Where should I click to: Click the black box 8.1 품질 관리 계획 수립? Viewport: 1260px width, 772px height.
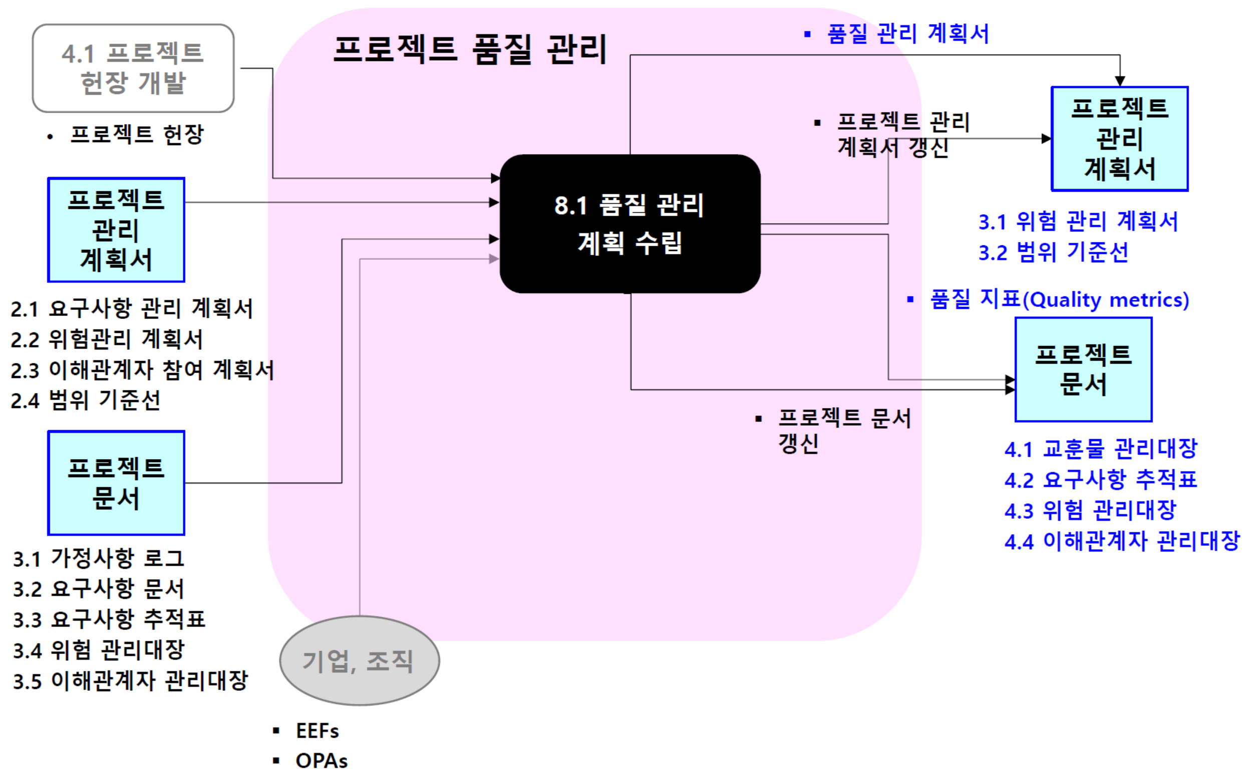(x=629, y=223)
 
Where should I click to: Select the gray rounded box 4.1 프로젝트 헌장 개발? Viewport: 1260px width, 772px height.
(x=133, y=68)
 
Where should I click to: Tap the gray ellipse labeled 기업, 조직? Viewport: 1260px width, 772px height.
(x=359, y=660)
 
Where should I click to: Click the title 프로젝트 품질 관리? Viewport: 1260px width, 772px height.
(x=469, y=50)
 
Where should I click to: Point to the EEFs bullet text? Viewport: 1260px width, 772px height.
(x=317, y=730)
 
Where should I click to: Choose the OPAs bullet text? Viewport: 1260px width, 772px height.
(x=321, y=761)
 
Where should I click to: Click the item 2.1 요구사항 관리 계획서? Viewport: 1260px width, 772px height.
(x=132, y=308)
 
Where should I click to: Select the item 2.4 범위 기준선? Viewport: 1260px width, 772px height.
(x=86, y=401)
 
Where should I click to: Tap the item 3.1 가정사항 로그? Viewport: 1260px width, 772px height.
(x=98, y=558)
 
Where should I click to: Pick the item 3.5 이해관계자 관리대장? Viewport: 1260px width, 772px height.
(x=130, y=681)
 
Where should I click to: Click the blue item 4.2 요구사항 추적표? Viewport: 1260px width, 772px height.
(x=1100, y=480)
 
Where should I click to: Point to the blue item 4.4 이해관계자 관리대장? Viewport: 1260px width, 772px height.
(x=1122, y=541)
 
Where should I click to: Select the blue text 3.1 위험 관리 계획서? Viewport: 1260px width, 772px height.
(x=1078, y=221)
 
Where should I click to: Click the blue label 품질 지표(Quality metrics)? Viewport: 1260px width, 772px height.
(x=1059, y=299)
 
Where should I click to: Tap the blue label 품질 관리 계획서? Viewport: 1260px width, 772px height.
(x=907, y=34)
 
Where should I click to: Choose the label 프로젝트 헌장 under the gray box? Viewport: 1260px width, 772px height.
(x=137, y=135)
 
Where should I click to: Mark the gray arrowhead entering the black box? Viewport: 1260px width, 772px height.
(x=493, y=259)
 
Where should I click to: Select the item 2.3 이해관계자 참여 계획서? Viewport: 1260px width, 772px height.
(x=142, y=369)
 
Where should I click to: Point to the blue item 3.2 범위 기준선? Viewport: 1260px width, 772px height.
(x=1053, y=252)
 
